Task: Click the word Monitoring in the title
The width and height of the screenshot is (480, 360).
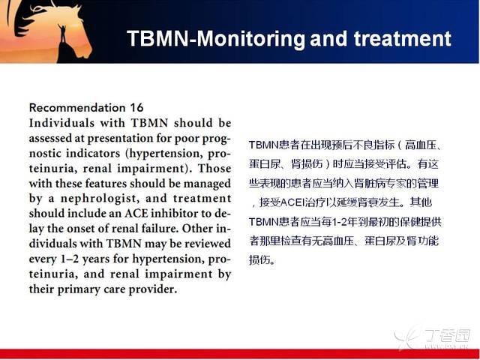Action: coord(250,38)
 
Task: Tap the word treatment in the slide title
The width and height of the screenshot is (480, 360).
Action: coord(403,38)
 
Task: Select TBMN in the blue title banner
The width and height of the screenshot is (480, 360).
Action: coord(157,38)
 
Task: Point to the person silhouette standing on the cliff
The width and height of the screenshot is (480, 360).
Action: coord(63,34)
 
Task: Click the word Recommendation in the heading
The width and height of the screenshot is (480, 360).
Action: coord(77,108)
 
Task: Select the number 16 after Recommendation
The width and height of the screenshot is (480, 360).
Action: coord(136,108)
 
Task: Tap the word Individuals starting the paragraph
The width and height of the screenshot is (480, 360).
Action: coord(61,123)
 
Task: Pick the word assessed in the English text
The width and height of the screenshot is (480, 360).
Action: coord(50,138)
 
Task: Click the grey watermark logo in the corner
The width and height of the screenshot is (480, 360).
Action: coord(432,337)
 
